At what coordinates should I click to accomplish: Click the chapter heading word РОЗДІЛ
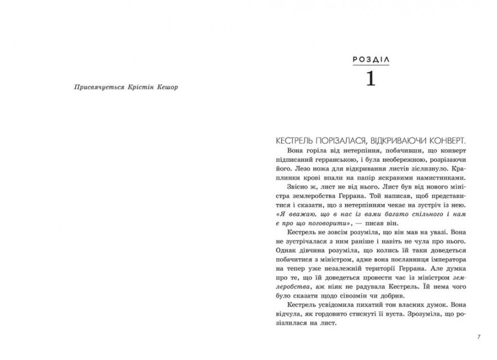(x=371, y=60)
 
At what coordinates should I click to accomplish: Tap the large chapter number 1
(x=371, y=79)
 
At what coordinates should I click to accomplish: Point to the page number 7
(x=478, y=337)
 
